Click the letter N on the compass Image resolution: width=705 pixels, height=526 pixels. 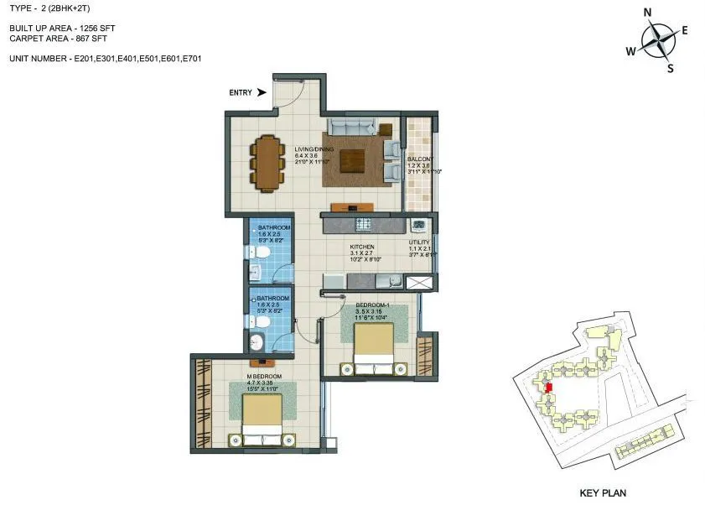pos(647,12)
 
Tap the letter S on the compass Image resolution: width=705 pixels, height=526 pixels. pos(670,69)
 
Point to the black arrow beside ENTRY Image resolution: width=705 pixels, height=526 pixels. pos(262,92)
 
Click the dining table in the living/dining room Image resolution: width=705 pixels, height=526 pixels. pos(267,162)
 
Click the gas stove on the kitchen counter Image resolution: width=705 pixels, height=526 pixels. pos(364,224)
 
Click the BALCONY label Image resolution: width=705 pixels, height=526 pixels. pos(420,159)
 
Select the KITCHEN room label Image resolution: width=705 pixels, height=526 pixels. pos(362,247)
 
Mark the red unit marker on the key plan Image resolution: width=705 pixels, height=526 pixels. pos(547,387)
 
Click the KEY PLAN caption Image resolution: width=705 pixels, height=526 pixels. pos(603,493)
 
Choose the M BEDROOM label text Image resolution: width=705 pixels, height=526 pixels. pos(264,377)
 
